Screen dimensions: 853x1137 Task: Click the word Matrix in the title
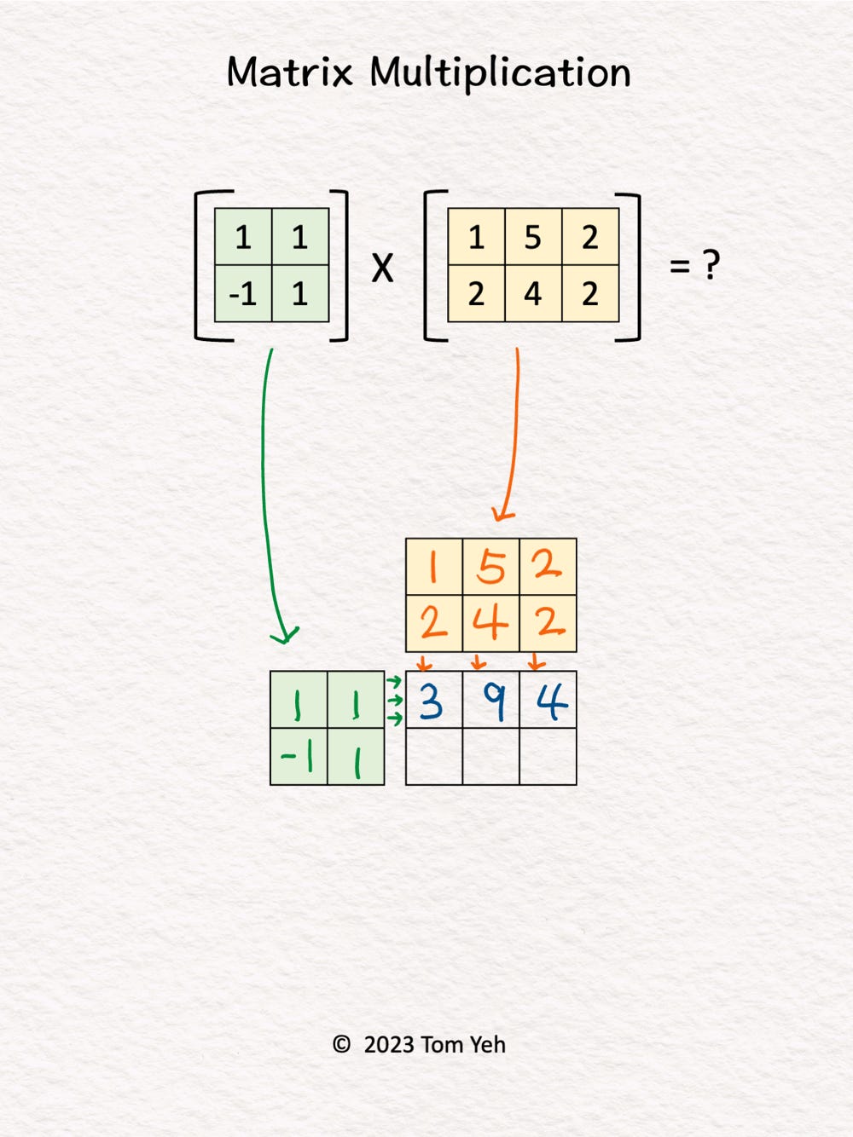point(290,72)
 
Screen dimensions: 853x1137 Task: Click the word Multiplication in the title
point(500,73)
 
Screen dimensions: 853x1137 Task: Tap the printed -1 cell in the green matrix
point(243,294)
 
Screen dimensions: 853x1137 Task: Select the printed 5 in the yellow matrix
point(533,238)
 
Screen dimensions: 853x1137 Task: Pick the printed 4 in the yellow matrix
point(533,294)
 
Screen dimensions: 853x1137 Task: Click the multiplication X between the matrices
point(382,268)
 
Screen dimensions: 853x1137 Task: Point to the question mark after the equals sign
point(711,265)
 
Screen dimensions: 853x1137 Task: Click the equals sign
point(680,266)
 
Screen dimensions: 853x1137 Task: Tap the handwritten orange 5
point(490,568)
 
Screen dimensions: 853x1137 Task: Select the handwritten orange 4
point(490,624)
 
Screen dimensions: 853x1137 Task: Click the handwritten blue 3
point(431,701)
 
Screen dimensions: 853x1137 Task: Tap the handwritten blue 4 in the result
point(553,701)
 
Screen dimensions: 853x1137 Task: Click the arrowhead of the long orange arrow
point(501,515)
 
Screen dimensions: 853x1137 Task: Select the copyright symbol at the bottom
point(341,1044)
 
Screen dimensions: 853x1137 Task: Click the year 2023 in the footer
point(389,1044)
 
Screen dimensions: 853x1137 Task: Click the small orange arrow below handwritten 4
point(479,662)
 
